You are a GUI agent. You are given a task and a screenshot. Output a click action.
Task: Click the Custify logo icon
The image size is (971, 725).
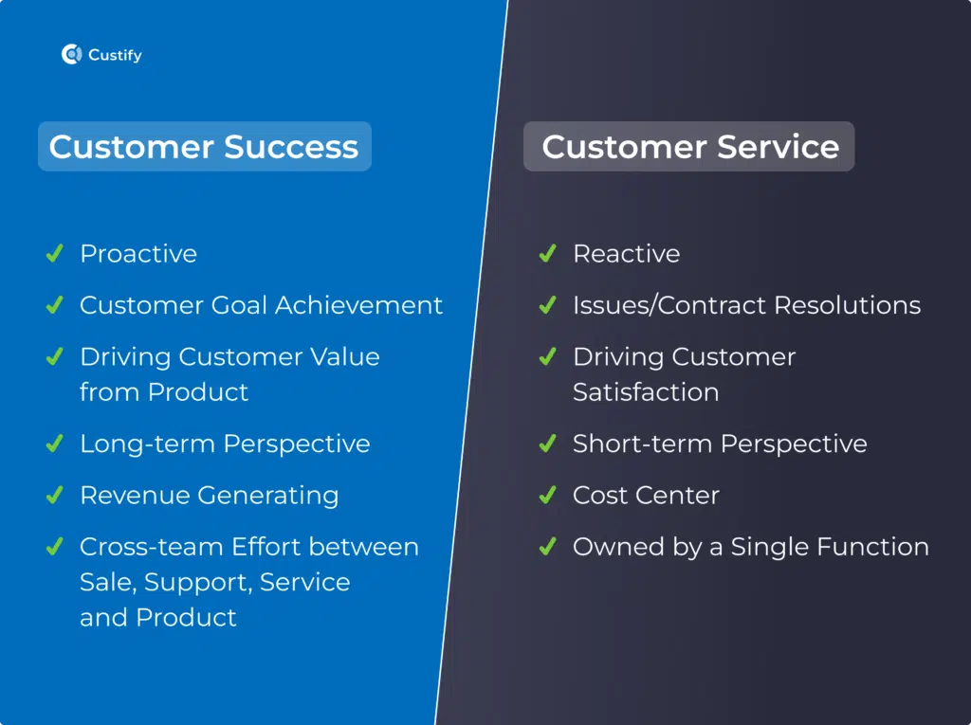click(x=72, y=54)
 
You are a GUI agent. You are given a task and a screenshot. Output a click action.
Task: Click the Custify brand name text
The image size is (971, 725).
click(x=115, y=55)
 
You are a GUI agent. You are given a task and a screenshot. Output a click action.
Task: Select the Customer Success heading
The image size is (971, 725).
click(x=204, y=147)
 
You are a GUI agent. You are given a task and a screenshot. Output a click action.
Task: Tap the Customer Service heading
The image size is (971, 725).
click(x=690, y=147)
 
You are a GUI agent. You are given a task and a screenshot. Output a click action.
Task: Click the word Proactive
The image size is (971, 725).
click(x=138, y=254)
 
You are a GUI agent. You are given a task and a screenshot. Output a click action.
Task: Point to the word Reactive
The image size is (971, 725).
click(x=627, y=254)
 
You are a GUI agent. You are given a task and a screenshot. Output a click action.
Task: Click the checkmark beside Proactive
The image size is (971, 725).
click(x=54, y=253)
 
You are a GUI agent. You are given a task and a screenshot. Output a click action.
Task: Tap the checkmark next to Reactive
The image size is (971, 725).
click(x=547, y=253)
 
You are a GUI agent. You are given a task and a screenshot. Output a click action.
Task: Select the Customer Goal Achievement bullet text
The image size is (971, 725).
click(x=262, y=305)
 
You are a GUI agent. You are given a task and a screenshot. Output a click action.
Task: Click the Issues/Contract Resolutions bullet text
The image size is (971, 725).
click(x=747, y=305)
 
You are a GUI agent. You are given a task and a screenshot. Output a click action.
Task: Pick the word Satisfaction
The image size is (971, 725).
click(x=646, y=392)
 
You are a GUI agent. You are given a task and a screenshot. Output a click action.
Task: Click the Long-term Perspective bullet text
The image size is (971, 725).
click(x=226, y=444)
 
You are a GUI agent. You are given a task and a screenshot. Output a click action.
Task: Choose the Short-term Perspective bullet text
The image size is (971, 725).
click(x=721, y=444)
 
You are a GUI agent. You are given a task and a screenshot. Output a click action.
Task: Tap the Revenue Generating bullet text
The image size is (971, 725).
click(x=210, y=496)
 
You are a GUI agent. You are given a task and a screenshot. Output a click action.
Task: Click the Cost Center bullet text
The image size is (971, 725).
click(x=647, y=496)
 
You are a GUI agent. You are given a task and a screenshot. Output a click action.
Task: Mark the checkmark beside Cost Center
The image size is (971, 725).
click(x=547, y=495)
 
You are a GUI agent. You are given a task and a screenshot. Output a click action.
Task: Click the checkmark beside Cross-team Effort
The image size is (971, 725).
click(x=54, y=546)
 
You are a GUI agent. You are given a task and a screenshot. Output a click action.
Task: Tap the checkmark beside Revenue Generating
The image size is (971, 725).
click(x=54, y=495)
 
